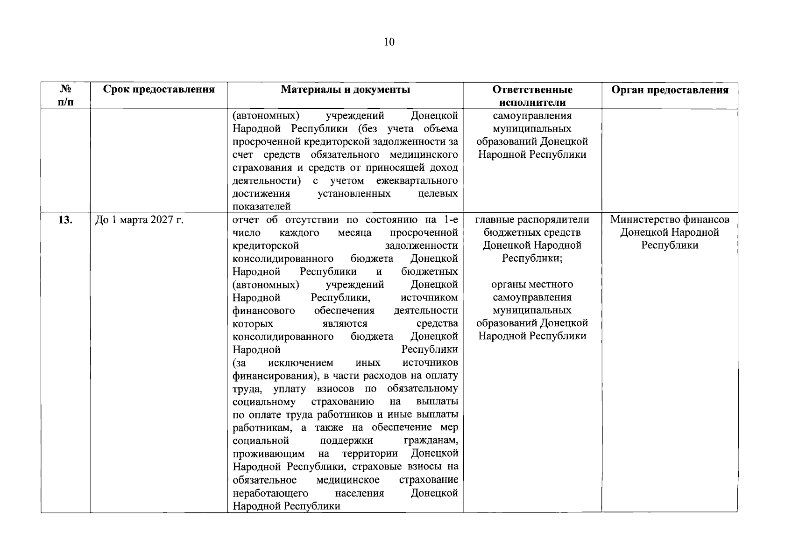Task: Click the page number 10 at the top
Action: click(x=389, y=42)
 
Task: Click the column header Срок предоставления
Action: click(x=159, y=90)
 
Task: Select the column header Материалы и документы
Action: click(x=345, y=90)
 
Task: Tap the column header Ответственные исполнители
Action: click(x=532, y=96)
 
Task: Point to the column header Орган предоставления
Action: click(x=670, y=90)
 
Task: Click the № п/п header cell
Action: click(x=66, y=96)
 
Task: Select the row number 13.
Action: click(x=65, y=220)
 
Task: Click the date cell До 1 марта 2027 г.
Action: click(x=139, y=220)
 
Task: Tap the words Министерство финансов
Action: click(x=670, y=219)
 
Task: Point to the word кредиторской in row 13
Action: click(x=265, y=245)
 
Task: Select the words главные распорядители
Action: click(x=532, y=219)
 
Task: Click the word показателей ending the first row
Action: click(x=262, y=206)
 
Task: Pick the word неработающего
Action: click(x=270, y=493)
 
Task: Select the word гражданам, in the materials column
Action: click(x=431, y=441)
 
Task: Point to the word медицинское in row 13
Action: click(x=347, y=480)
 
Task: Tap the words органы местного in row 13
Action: click(x=532, y=284)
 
